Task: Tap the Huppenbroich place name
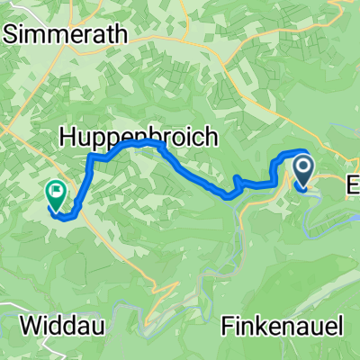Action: click(x=139, y=136)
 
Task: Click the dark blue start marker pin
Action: click(x=301, y=171)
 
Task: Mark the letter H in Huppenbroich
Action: click(x=68, y=136)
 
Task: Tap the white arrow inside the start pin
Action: click(x=301, y=166)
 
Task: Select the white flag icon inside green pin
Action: click(x=56, y=190)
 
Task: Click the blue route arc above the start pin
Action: click(x=300, y=151)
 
